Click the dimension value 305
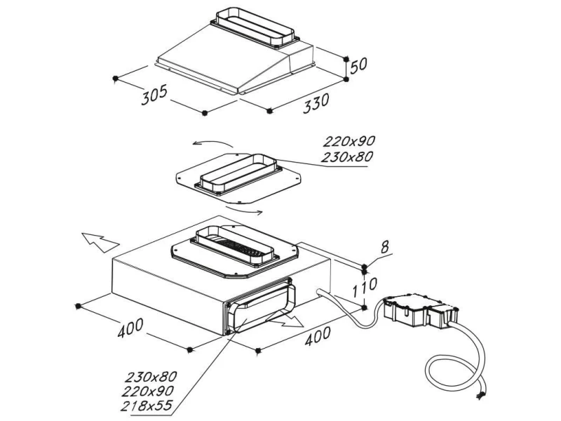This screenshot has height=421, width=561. click(154, 96)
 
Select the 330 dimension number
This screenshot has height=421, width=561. click(316, 103)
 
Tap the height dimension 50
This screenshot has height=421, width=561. click(358, 65)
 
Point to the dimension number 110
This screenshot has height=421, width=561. click(365, 288)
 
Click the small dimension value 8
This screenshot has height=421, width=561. click(384, 247)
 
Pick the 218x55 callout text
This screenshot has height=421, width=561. click(147, 406)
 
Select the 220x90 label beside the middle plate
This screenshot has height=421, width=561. click(349, 142)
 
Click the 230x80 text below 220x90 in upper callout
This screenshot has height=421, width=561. click(346, 156)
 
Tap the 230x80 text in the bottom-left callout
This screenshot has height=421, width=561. click(151, 377)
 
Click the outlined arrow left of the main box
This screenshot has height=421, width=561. click(100, 242)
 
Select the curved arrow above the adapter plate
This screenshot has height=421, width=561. click(212, 143)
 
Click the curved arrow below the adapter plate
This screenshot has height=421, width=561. click(244, 209)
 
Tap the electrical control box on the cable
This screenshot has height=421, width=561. click(419, 310)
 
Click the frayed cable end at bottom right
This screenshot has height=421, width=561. click(480, 394)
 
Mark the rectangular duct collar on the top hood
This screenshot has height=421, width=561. click(255, 27)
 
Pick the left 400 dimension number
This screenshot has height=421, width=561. click(130, 328)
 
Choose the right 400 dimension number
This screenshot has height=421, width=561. click(318, 335)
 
